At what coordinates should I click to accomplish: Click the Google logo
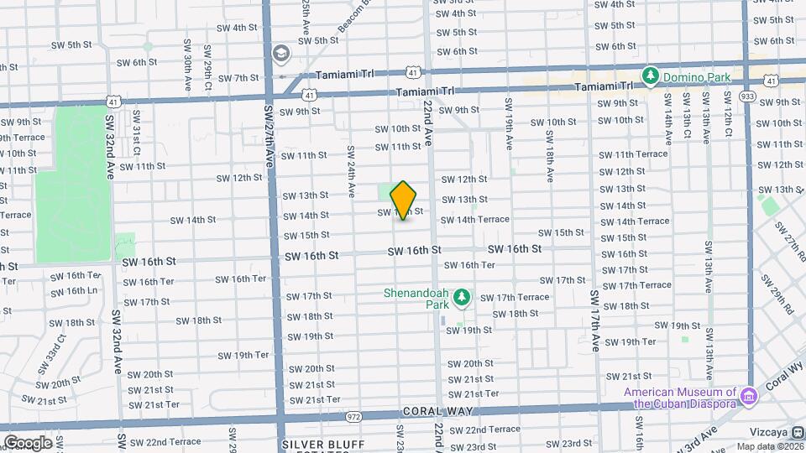[28, 443]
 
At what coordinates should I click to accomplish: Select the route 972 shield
[353, 416]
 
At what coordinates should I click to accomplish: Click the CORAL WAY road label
[437, 411]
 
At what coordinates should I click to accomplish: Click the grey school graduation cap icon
[280, 55]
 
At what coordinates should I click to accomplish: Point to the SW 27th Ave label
[270, 134]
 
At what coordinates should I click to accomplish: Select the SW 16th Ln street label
[73, 291]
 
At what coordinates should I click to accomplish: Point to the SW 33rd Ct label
[50, 355]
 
